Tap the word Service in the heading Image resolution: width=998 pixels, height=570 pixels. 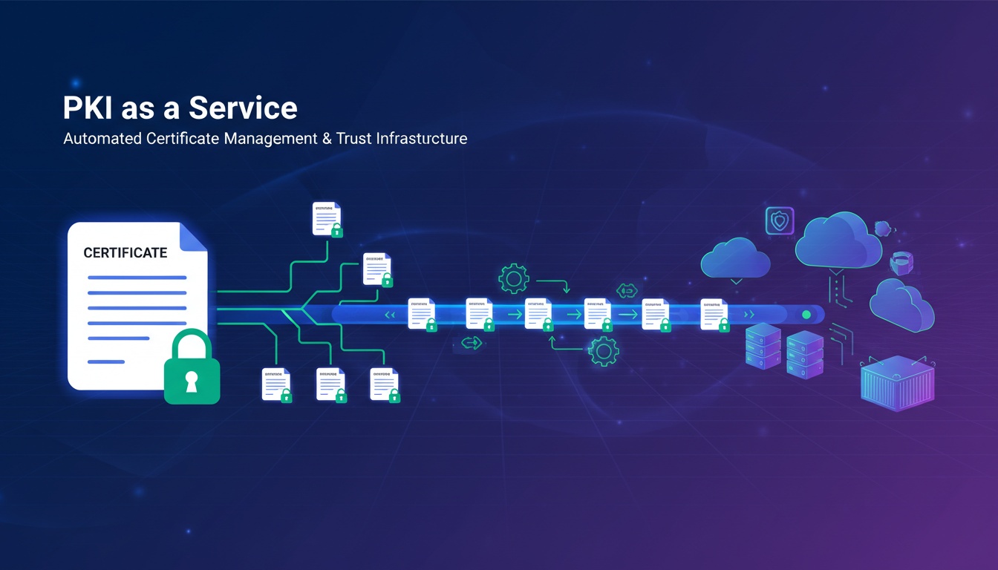click(x=243, y=108)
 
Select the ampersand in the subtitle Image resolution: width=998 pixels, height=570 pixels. click(x=327, y=139)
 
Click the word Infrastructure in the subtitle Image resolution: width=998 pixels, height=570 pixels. click(x=422, y=139)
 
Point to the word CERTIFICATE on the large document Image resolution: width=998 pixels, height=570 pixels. click(x=125, y=253)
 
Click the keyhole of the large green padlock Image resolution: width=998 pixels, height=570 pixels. click(x=192, y=381)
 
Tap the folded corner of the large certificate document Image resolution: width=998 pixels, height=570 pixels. click(x=194, y=235)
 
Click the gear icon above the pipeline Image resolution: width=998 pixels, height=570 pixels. click(x=513, y=279)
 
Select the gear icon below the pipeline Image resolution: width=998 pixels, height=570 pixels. click(x=603, y=350)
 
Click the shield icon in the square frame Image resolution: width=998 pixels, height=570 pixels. click(x=780, y=221)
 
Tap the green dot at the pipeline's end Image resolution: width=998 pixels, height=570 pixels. click(x=806, y=315)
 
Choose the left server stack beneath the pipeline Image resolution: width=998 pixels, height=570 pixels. click(x=763, y=347)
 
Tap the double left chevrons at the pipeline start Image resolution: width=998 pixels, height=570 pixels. click(x=388, y=315)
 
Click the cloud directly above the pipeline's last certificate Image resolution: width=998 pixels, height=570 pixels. click(x=735, y=258)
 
